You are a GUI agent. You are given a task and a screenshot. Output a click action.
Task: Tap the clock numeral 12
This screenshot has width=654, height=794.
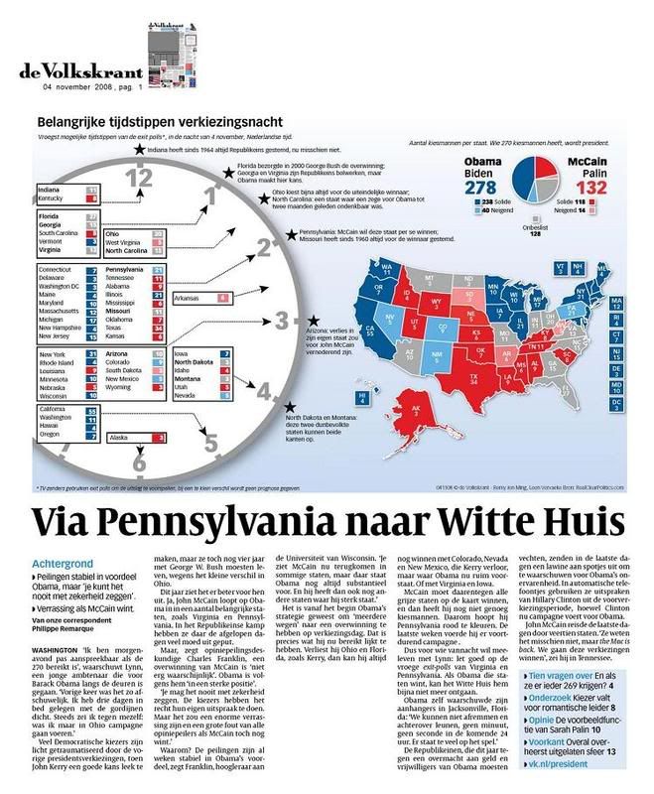tap(140, 179)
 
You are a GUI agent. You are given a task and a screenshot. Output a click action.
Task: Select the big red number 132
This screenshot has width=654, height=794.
tap(593, 186)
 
